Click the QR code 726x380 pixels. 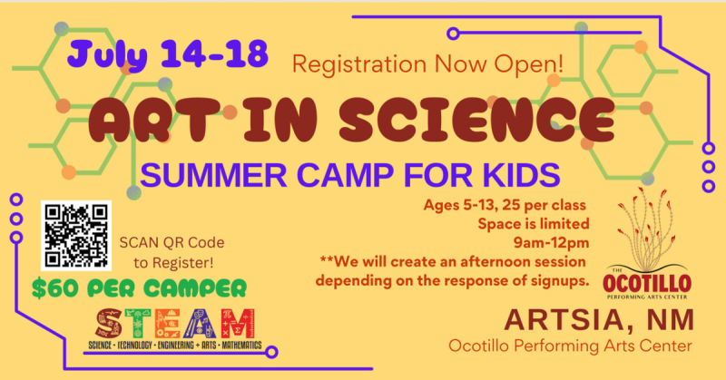[76, 236]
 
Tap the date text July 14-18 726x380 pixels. [168, 54]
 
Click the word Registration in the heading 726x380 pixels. [359, 64]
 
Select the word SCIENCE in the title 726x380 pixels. [477, 120]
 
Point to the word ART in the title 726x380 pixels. [154, 120]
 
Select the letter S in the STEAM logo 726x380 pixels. [109, 323]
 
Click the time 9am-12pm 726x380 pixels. [551, 242]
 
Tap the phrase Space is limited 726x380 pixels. [534, 224]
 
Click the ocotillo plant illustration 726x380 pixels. [647, 229]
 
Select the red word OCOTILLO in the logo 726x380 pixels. [647, 283]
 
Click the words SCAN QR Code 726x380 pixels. [172, 242]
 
